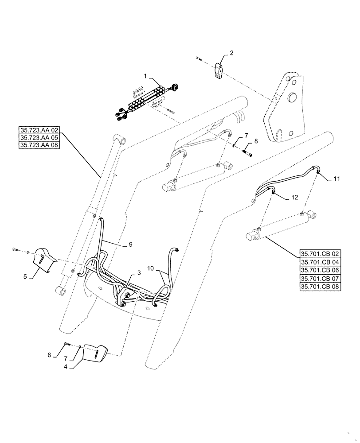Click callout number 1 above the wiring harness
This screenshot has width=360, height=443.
145,77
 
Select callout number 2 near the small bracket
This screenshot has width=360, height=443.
231,53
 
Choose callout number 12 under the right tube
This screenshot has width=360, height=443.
294,198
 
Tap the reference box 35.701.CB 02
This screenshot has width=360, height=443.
320,254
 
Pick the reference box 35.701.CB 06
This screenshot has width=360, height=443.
320,271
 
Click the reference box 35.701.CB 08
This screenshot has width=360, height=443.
320,287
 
